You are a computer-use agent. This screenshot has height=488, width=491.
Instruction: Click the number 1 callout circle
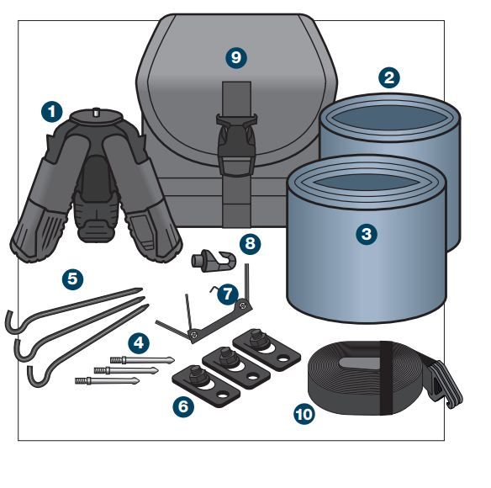click(52, 109)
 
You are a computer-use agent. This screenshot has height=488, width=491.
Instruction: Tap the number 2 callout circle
click(388, 78)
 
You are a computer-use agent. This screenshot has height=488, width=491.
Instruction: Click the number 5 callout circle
click(72, 277)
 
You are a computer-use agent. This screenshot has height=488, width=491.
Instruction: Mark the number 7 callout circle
click(225, 294)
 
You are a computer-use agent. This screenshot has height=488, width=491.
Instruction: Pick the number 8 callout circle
click(250, 244)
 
